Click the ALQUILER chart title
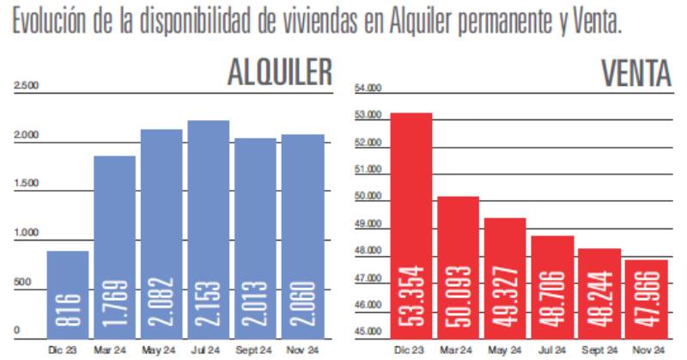(279, 72)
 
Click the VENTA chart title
(635, 73)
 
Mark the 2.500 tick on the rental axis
(26, 86)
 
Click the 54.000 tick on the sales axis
(367, 88)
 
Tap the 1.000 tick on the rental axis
(26, 233)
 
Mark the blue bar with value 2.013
(255, 236)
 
